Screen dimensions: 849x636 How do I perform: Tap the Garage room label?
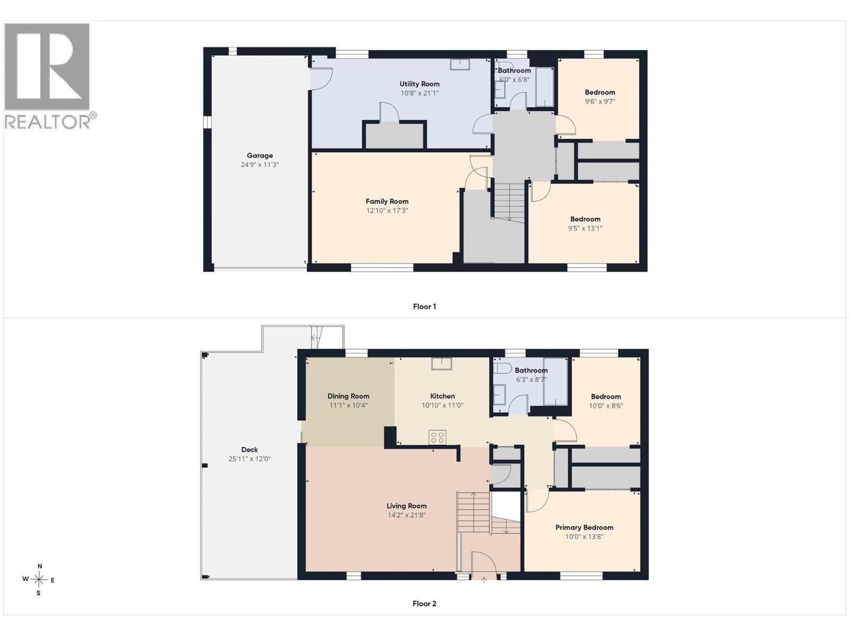(x=259, y=156)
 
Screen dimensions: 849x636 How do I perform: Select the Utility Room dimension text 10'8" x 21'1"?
(x=420, y=93)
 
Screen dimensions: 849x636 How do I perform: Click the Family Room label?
(x=387, y=201)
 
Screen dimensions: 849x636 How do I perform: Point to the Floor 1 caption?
(x=424, y=307)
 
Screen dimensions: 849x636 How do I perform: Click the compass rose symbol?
(x=39, y=580)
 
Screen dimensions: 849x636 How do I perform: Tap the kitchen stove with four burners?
(x=437, y=438)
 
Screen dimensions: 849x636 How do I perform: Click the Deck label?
(x=249, y=449)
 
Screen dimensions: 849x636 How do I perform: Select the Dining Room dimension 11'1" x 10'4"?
(x=348, y=405)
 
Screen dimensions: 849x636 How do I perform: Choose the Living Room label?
(x=406, y=506)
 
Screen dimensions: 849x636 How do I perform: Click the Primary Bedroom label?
(x=584, y=527)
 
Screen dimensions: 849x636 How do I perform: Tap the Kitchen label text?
(x=443, y=396)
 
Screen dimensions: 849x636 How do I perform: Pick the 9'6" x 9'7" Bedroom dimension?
(x=600, y=102)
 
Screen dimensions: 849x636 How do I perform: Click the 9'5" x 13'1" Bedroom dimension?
(x=585, y=228)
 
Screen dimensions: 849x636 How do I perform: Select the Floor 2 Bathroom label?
(x=531, y=370)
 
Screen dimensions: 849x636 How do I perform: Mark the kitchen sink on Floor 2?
(x=442, y=364)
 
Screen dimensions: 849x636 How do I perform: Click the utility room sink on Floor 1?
(x=460, y=64)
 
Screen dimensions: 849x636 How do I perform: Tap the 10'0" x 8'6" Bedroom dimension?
(x=606, y=406)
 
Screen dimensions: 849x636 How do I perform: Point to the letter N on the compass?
(x=39, y=566)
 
